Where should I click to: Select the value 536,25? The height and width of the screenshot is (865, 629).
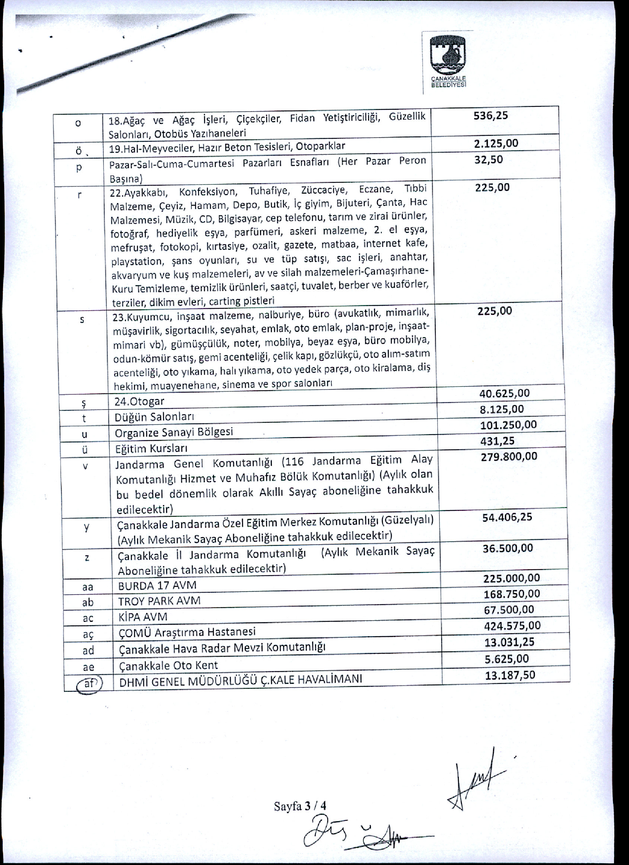pyautogui.click(x=491, y=116)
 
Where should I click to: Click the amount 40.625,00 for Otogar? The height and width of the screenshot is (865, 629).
pyautogui.click(x=505, y=393)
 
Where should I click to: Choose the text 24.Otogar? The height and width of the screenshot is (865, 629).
pyautogui.click(x=139, y=401)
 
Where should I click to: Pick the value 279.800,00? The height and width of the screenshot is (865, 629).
pyautogui.click(x=509, y=456)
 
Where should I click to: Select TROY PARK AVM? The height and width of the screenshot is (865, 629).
pyautogui.click(x=159, y=601)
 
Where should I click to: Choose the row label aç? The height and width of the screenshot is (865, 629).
pyautogui.click(x=88, y=634)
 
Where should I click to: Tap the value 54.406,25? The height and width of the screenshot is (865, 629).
pyautogui.click(x=507, y=518)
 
